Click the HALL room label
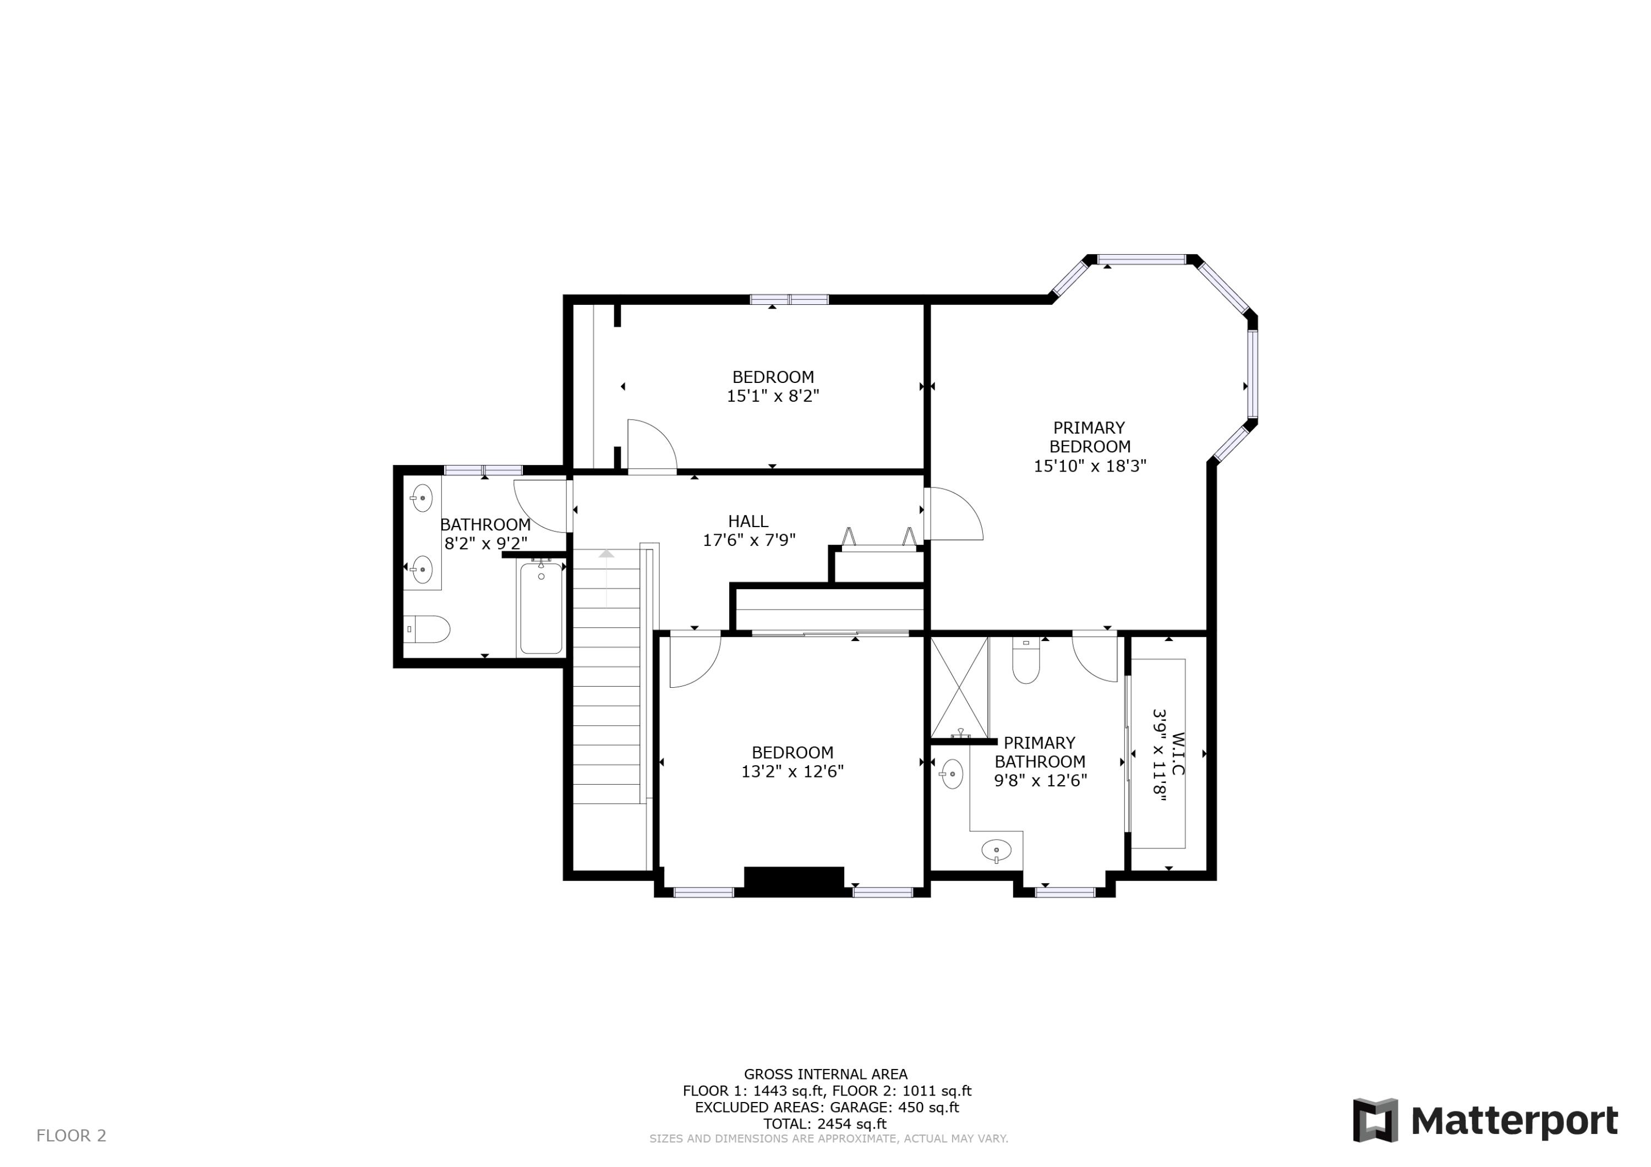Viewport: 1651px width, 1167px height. pos(748,521)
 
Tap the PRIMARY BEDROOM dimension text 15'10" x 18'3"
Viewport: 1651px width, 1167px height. pos(1090,466)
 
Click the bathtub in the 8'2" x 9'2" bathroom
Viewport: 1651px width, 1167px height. pos(541,609)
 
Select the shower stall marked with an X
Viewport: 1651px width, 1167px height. pos(959,687)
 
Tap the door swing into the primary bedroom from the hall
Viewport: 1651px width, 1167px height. pos(953,513)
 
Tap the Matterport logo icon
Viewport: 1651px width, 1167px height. pos(1375,1120)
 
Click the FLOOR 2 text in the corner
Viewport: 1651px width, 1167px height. pos(71,1135)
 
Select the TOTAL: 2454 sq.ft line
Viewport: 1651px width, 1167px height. pos(825,1124)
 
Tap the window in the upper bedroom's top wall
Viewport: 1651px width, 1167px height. pos(790,300)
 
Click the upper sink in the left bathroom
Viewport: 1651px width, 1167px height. pos(422,497)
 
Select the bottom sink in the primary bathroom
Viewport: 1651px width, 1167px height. pos(996,851)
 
